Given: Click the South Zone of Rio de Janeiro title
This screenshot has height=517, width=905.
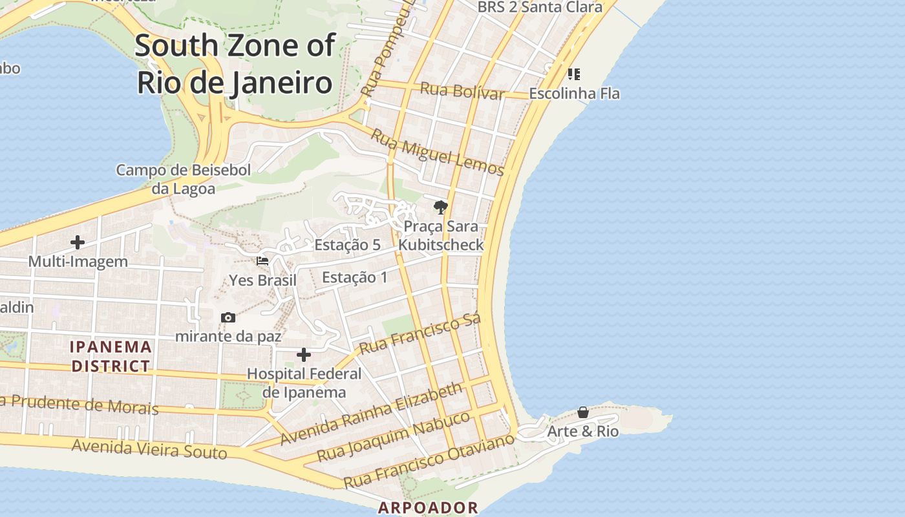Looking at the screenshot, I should (x=235, y=64).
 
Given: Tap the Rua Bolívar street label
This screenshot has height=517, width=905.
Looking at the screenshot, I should (x=462, y=91).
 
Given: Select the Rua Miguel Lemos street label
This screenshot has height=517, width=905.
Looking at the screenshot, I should (x=437, y=153).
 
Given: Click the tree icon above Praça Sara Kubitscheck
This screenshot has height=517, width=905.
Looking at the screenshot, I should (x=441, y=207).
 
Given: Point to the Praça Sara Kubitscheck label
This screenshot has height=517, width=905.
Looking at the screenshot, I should (x=441, y=235).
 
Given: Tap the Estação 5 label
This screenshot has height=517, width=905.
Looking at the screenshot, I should (x=347, y=245).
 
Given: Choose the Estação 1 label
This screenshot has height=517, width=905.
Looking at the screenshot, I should (x=355, y=277).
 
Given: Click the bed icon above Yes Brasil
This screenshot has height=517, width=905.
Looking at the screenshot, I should (x=262, y=261).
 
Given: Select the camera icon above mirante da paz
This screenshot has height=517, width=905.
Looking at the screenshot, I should (x=228, y=317).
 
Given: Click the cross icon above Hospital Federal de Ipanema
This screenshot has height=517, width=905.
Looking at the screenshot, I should (x=304, y=355).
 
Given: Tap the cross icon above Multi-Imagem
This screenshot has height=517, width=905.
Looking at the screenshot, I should (x=78, y=242).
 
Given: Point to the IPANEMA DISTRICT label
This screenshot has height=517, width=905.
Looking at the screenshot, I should (x=111, y=356).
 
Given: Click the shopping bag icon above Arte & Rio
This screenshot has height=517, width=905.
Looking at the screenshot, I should (x=583, y=412).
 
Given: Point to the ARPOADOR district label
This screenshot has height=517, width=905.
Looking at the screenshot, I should (x=428, y=507).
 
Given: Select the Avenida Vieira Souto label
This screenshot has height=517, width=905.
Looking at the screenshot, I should (x=149, y=448).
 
